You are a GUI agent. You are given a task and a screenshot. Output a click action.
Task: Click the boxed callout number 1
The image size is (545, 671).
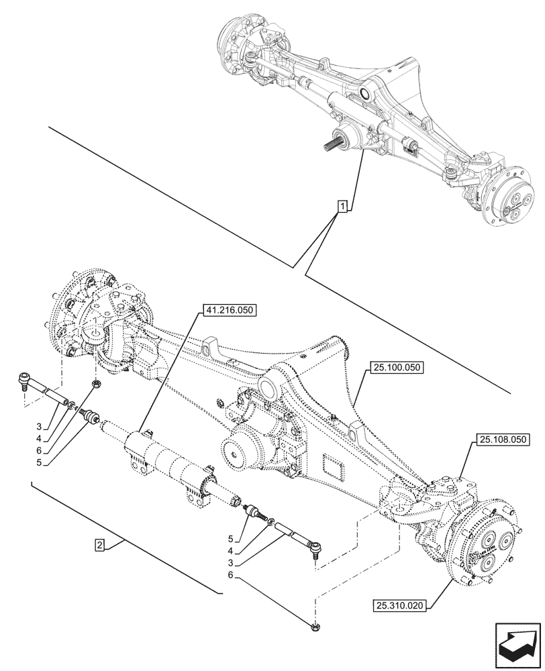(342, 206)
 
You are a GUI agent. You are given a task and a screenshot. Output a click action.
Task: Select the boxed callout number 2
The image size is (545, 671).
(99, 545)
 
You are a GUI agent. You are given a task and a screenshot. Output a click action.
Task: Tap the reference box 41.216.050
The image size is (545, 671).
(228, 311)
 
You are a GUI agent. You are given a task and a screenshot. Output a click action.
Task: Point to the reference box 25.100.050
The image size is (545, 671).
(395, 368)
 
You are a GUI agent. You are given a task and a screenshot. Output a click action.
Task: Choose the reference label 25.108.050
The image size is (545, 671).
(503, 440)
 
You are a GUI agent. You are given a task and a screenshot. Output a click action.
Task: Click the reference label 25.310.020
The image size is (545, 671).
(399, 607)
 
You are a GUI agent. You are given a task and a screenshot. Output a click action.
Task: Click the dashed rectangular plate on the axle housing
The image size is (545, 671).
(334, 465)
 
